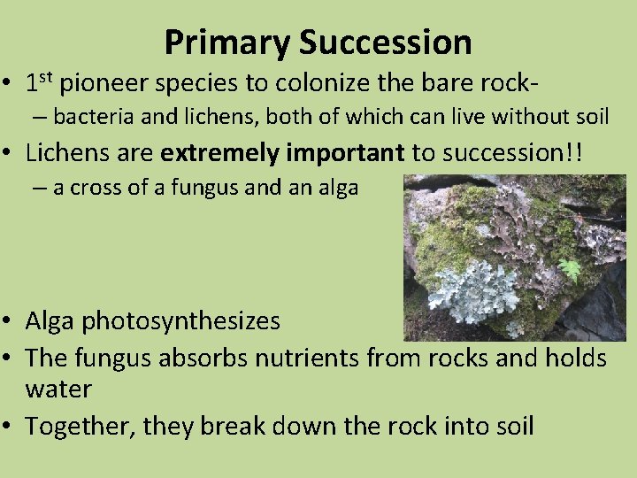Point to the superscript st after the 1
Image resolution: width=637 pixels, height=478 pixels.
click(x=46, y=80)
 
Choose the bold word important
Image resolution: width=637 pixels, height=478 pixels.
click(x=346, y=153)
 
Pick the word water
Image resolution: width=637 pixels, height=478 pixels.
click(x=58, y=389)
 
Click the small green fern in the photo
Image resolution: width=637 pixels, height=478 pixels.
click(x=570, y=269)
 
